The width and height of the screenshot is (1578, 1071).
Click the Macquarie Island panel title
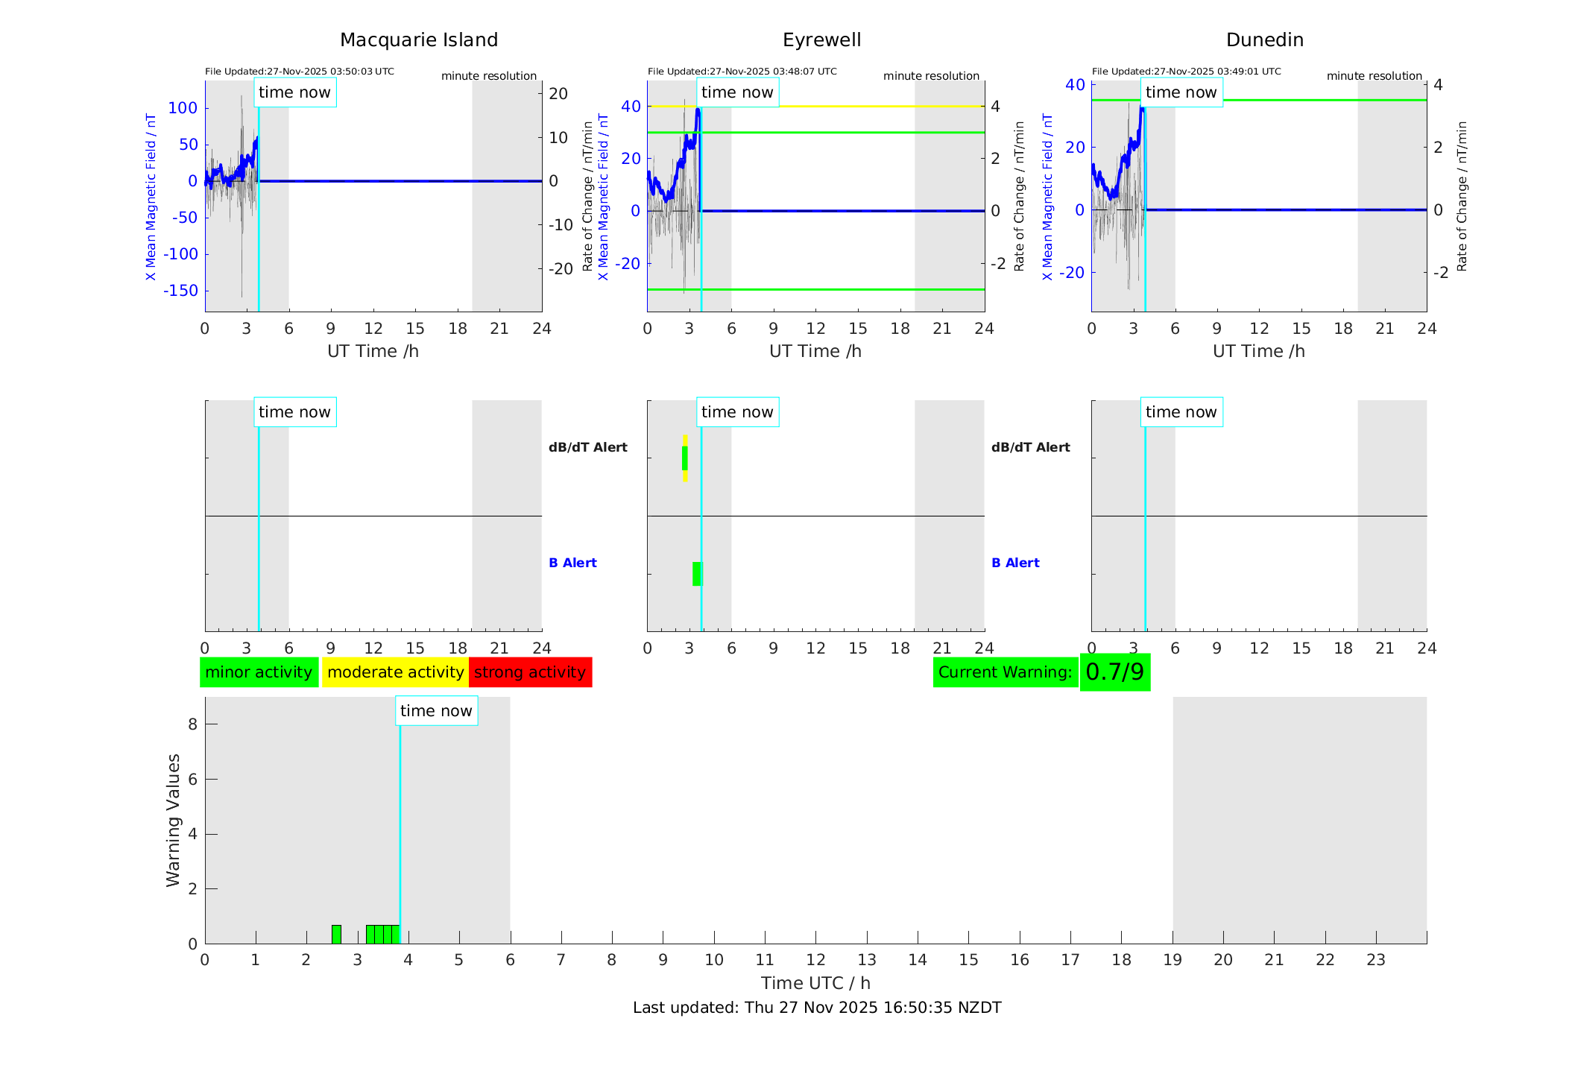point(419,40)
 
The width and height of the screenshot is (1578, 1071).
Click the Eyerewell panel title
point(821,40)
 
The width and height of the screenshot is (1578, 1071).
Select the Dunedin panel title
point(1264,40)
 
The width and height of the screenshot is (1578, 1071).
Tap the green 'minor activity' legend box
point(259,672)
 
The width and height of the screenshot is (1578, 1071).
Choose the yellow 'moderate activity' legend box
point(395,672)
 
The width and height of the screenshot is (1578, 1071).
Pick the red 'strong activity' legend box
point(530,672)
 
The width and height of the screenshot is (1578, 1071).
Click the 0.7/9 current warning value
point(1114,672)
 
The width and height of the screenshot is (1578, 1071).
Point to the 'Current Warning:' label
point(1005,672)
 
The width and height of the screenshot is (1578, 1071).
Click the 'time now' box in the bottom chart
point(436,711)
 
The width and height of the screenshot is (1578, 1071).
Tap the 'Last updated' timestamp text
point(817,1008)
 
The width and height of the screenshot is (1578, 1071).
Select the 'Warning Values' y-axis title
point(174,820)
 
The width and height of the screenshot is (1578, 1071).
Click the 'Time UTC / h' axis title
point(815,983)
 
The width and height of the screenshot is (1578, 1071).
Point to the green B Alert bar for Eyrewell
point(697,574)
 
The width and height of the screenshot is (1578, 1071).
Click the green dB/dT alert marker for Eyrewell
point(685,458)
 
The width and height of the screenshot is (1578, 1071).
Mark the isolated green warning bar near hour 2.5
point(336,934)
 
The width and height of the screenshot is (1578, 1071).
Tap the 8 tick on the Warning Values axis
point(192,724)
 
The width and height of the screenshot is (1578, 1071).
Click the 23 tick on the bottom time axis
point(1375,960)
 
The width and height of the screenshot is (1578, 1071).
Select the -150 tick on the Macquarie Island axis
point(180,291)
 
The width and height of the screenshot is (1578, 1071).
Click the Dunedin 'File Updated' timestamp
point(1186,72)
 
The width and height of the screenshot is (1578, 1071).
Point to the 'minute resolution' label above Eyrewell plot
point(931,76)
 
